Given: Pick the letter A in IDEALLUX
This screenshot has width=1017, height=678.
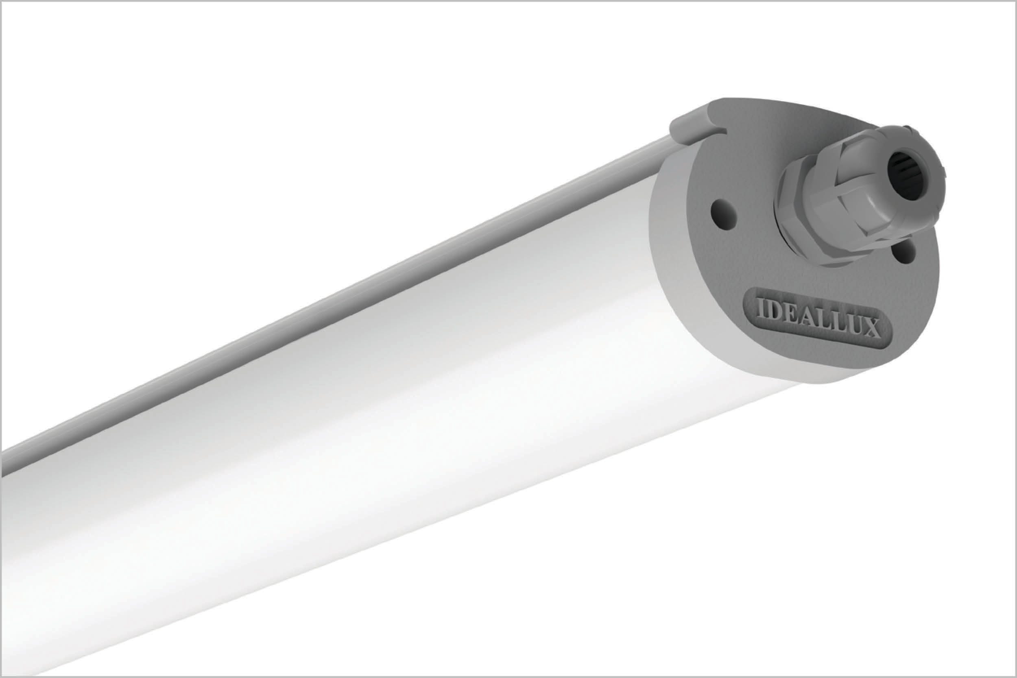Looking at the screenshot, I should coord(808,317).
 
